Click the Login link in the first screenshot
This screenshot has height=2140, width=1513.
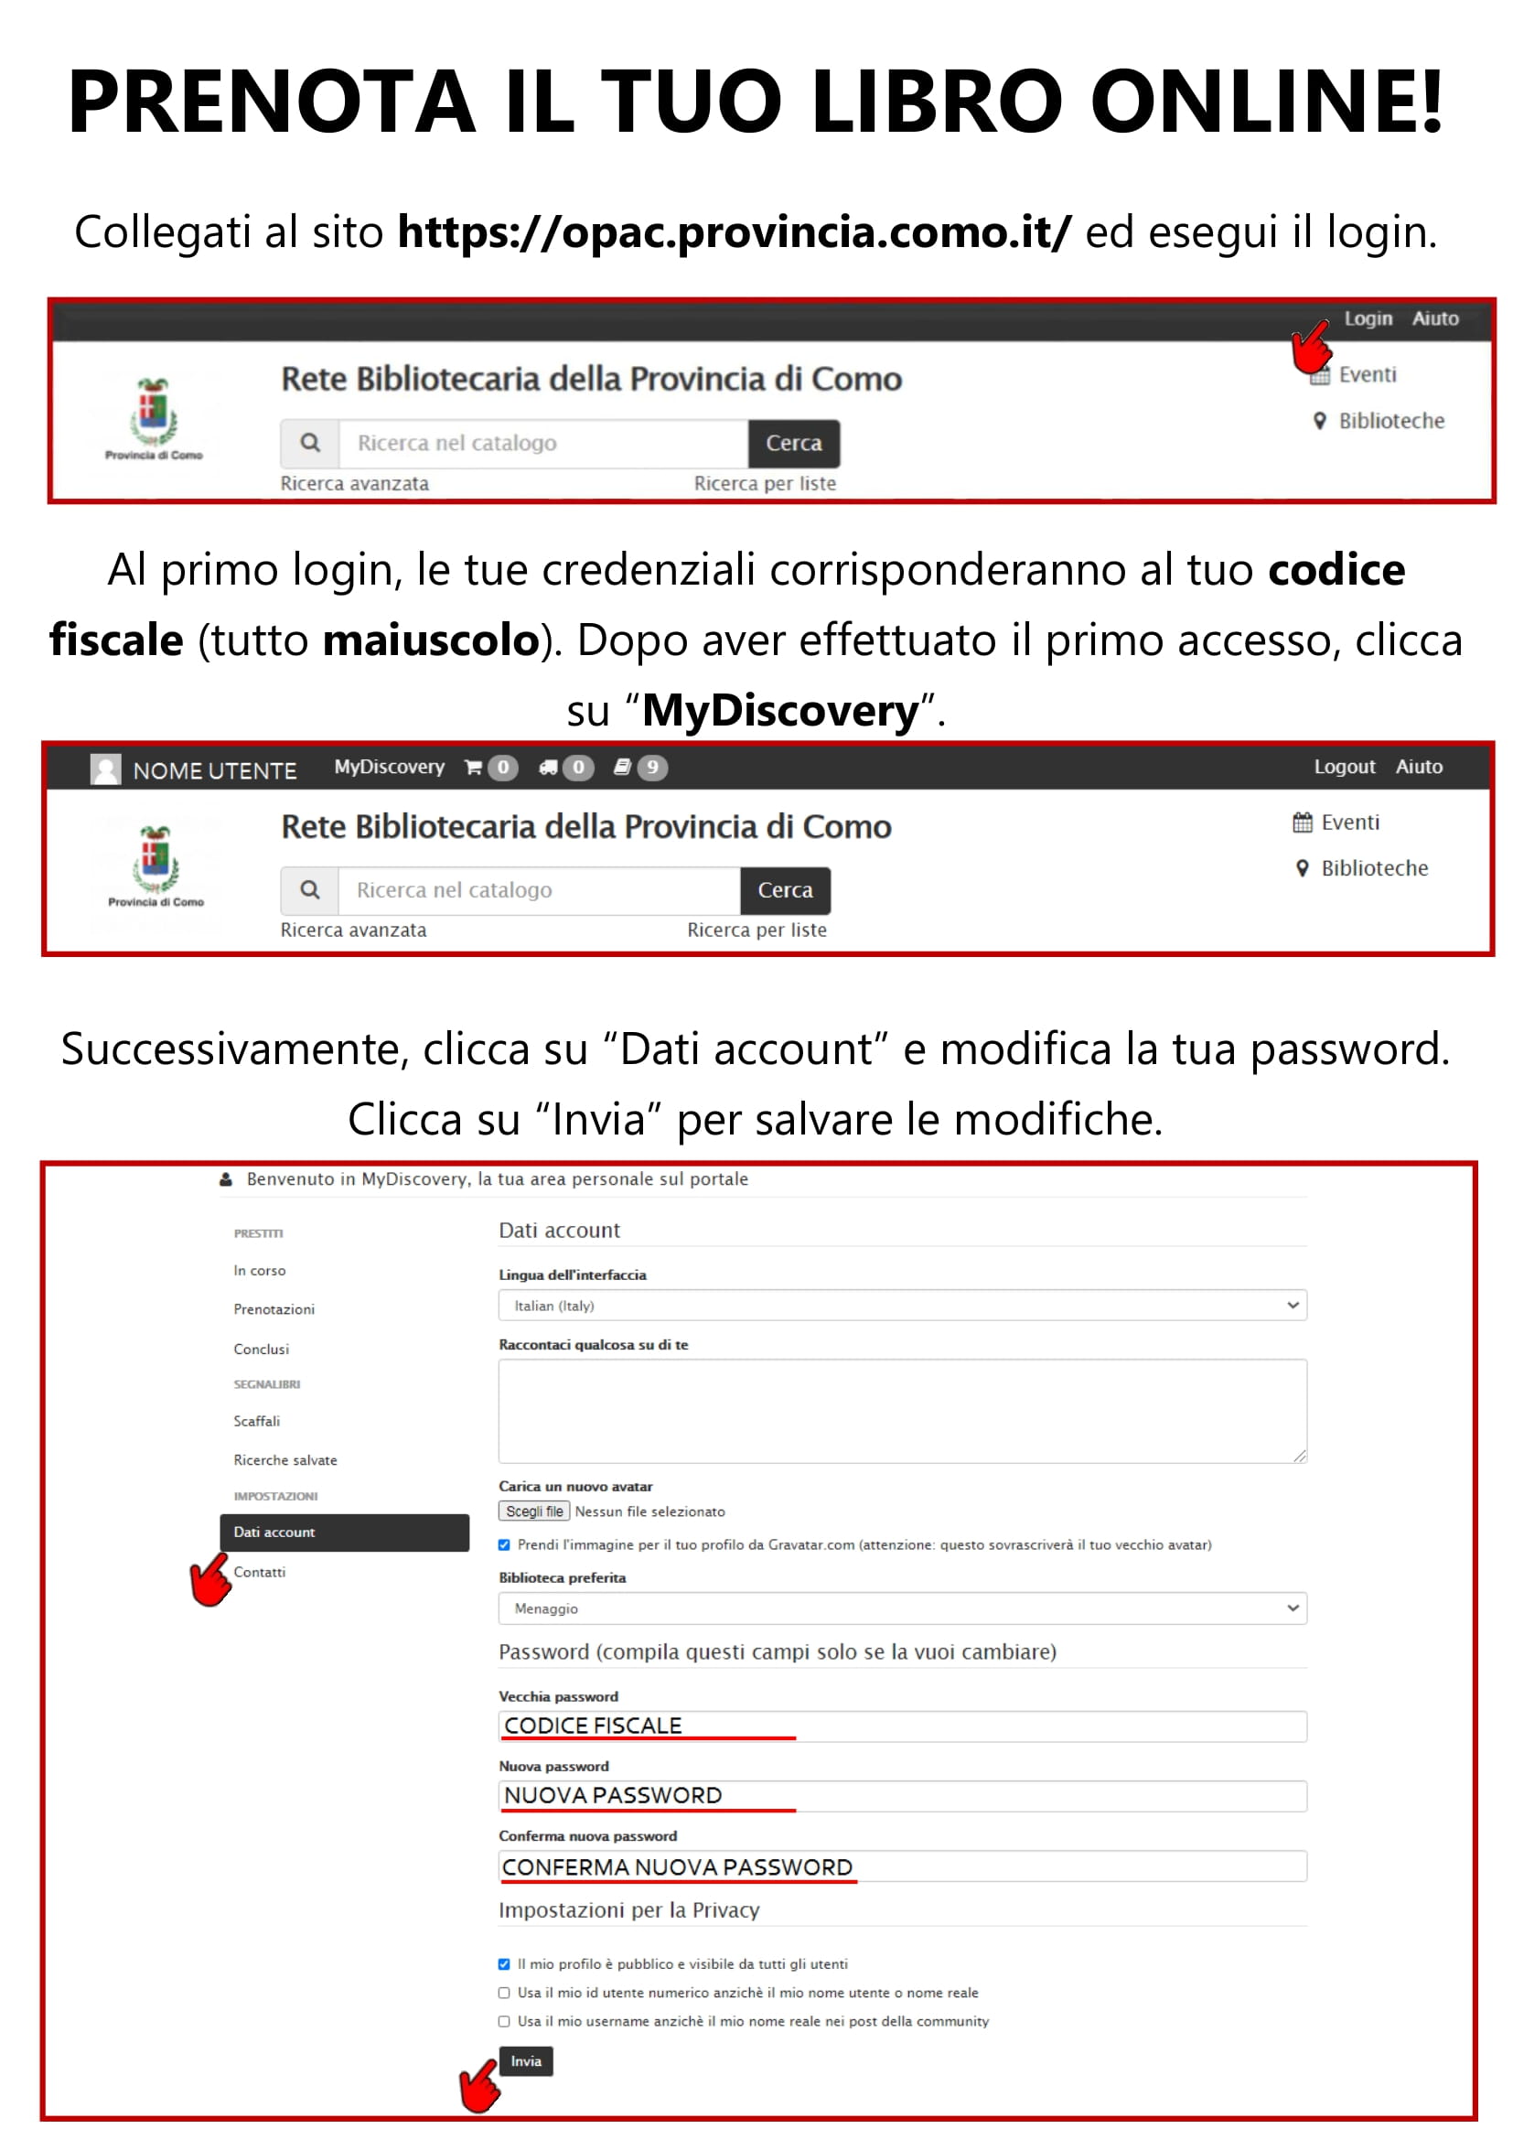click(1367, 318)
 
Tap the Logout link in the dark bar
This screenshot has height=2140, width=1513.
click(1344, 766)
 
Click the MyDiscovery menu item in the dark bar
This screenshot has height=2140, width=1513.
click(390, 766)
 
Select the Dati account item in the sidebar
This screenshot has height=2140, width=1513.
click(344, 1532)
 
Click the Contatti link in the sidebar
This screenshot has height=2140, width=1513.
click(260, 1572)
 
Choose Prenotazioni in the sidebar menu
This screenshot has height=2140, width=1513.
click(274, 1308)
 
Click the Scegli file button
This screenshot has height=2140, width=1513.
click(534, 1511)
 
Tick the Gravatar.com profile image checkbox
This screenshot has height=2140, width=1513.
click(504, 1544)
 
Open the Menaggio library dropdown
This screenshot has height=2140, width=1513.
click(902, 1608)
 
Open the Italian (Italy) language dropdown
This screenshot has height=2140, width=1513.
click(902, 1305)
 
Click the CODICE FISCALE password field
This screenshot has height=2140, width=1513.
click(902, 1726)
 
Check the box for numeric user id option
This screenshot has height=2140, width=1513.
click(504, 1993)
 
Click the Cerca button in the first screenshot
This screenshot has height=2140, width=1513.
click(793, 443)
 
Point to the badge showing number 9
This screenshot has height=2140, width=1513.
click(653, 767)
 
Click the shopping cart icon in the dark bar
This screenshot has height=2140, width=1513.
click(473, 767)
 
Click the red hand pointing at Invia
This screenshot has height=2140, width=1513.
click(481, 2086)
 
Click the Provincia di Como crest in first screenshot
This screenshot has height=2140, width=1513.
click(154, 413)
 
